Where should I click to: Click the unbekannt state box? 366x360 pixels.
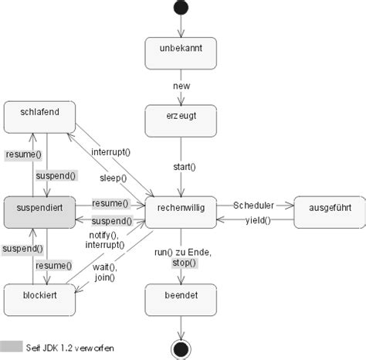click(x=181, y=52)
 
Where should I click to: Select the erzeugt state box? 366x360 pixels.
click(x=181, y=120)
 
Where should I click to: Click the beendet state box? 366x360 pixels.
click(x=181, y=297)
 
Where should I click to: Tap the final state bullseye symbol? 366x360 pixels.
click(x=181, y=349)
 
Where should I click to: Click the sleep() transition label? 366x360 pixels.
click(x=114, y=178)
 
